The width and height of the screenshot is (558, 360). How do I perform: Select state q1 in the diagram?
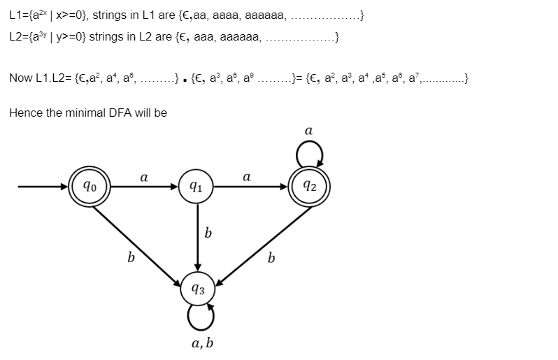[x=198, y=187]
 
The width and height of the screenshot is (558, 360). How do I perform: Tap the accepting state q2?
[x=308, y=187]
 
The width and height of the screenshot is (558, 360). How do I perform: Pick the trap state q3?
[x=199, y=288]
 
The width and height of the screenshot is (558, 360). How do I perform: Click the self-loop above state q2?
[x=308, y=150]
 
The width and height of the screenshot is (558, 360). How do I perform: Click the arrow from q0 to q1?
[x=144, y=187]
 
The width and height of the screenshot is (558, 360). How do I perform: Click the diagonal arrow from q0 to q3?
[x=140, y=241]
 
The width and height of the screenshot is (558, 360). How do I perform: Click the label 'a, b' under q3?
[x=201, y=343]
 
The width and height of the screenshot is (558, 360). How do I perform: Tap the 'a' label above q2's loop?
[x=308, y=130]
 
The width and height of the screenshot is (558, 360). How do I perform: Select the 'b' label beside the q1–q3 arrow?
[x=208, y=233]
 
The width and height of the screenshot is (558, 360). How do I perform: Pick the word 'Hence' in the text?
[x=25, y=113]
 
